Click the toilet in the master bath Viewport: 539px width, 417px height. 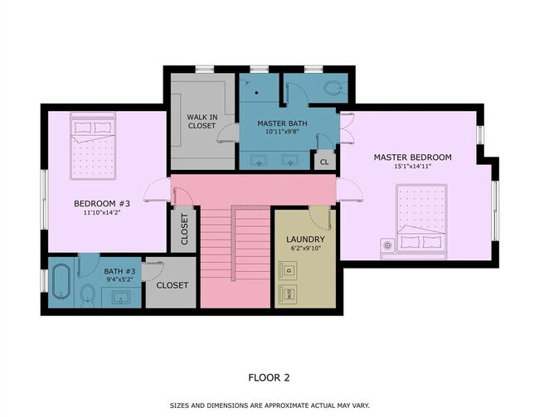tap(333, 87)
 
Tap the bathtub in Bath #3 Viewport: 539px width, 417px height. tap(61, 282)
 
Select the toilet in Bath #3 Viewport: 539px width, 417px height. tap(88, 294)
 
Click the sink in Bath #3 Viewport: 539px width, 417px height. tap(121, 298)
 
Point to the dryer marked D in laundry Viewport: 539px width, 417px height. tap(288, 270)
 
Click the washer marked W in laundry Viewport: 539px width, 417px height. tap(288, 294)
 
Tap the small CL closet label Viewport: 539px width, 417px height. tap(324, 162)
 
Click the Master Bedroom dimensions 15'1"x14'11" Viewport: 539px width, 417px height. tap(412, 167)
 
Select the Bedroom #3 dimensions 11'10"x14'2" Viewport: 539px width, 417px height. tap(102, 212)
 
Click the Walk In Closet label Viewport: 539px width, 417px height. tap(202, 121)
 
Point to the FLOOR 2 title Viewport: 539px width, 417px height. tap(269, 378)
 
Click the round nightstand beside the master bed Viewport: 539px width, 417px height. tap(388, 245)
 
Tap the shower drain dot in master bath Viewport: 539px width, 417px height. tap(256, 93)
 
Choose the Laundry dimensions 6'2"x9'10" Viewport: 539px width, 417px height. tap(305, 248)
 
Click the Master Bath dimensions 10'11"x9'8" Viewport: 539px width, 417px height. tap(282, 131)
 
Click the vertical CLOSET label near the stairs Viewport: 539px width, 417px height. tap(184, 230)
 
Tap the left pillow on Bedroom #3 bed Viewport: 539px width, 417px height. tap(83, 128)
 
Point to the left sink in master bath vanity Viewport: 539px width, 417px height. tap(259, 160)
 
